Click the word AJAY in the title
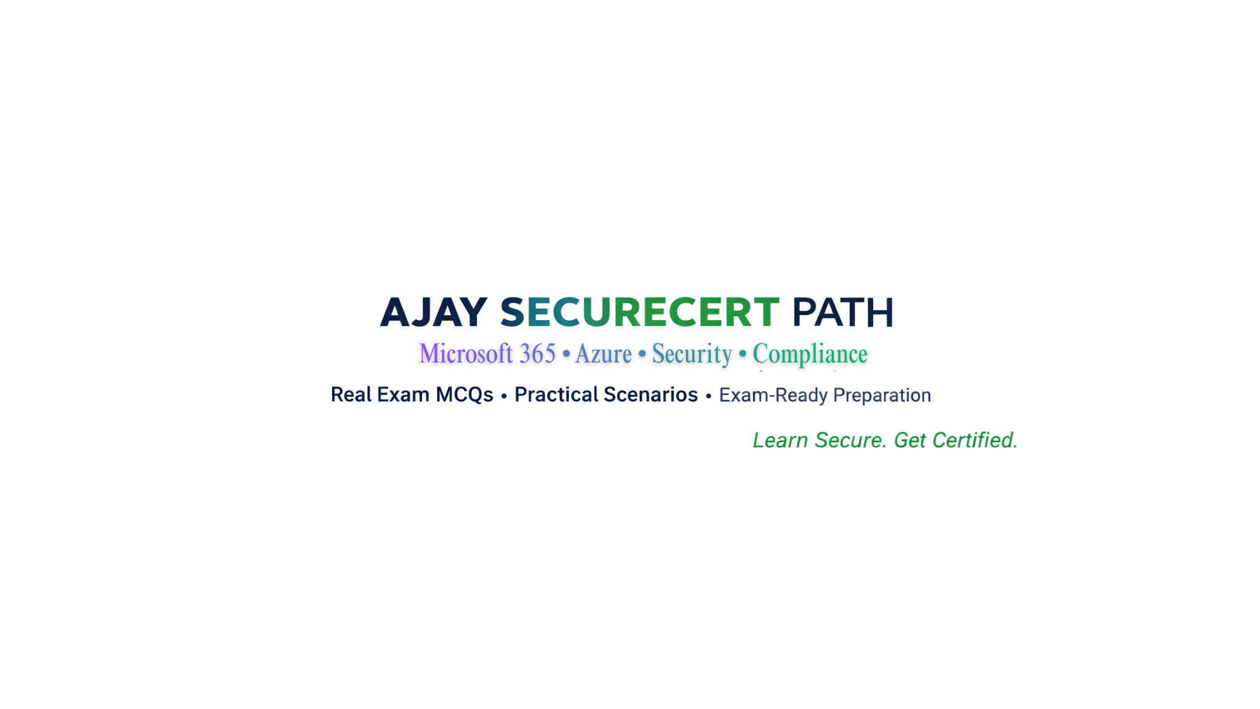tap(434, 312)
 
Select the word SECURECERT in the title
tap(640, 312)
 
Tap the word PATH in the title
tap(842, 312)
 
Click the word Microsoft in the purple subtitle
tap(466, 353)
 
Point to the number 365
tap(537, 353)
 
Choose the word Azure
tap(604, 354)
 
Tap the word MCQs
tap(465, 395)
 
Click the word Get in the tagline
tap(910, 440)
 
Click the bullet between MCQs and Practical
tap(504, 396)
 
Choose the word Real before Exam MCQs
tap(351, 395)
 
